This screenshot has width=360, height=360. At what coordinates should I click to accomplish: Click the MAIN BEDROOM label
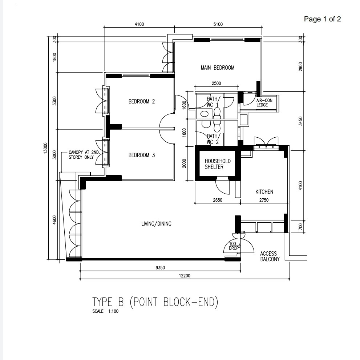coord(218,68)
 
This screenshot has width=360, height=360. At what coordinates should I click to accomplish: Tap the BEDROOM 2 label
coord(142,101)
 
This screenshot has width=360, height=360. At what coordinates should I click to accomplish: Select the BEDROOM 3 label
coord(142,155)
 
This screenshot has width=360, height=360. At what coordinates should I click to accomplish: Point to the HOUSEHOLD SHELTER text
coord(218,164)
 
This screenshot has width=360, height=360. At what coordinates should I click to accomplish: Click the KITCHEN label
coord(264,192)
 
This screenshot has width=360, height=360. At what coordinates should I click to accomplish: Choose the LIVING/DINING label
coord(156,224)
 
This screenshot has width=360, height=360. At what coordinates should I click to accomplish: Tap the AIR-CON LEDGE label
coord(264,103)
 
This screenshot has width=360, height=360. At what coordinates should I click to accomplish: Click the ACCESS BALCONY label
coord(270,256)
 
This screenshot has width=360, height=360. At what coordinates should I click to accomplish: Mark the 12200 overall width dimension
coord(185,276)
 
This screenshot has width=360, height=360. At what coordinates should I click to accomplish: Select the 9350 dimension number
coord(160,268)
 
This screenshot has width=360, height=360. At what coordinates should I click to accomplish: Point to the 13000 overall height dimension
coord(45,148)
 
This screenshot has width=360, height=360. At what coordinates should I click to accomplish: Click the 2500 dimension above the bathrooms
coord(216,83)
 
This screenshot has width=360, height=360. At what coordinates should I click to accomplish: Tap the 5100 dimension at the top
coord(218,24)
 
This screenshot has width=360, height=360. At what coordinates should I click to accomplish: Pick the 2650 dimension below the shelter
coord(218,200)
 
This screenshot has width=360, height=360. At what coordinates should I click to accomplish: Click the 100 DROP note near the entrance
coord(234,246)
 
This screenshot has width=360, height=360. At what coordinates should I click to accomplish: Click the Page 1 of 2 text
coord(322,19)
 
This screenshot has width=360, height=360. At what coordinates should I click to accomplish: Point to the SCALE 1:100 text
coord(105,311)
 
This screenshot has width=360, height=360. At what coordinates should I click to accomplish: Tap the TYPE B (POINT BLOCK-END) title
coord(155,302)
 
